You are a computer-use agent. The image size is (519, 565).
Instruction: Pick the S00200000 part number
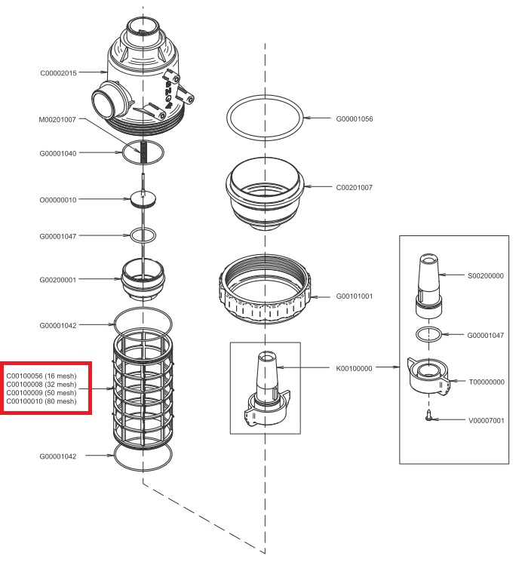[484, 276]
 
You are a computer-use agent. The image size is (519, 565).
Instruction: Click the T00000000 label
[484, 382]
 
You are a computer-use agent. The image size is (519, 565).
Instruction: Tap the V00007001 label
[484, 420]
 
